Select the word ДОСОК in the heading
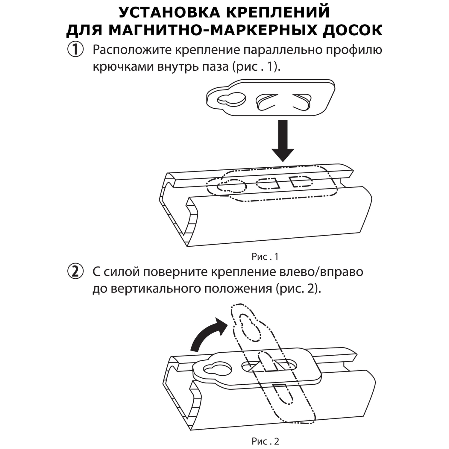[x=352, y=30]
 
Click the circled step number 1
[x=75, y=49]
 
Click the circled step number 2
[x=75, y=271]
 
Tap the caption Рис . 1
[x=265, y=257]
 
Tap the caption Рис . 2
[x=265, y=441]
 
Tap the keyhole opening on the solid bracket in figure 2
[x=217, y=369]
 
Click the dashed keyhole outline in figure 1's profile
[x=231, y=186]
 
